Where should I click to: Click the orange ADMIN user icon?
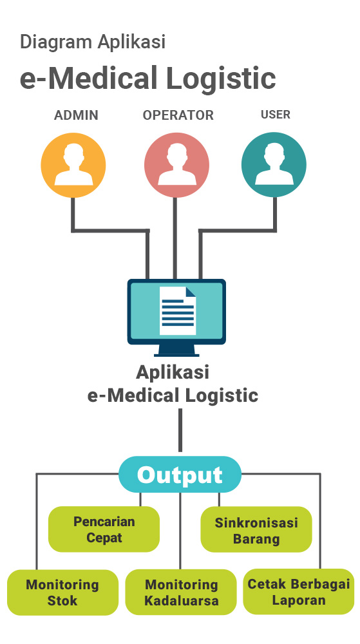pos(73,165)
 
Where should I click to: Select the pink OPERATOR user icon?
pos(176,165)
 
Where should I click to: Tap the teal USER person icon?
pos(274,165)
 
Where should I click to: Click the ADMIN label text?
pos(77,115)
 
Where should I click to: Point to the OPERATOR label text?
pos(178,115)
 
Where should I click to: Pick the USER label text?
pos(276,115)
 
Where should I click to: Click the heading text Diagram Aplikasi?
pos(93,42)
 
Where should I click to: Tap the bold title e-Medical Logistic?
pos(147,78)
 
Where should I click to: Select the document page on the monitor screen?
pos(178,311)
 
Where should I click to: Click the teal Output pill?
pos(180,475)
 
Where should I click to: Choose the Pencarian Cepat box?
pos(104,529)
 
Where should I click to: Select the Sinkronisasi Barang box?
pos(256,529)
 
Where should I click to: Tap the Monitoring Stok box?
pos(62,592)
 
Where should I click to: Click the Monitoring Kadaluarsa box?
pos(181,592)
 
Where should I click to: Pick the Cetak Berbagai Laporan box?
pos(298,591)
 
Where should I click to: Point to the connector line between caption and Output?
pos(180,430)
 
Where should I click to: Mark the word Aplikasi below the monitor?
pos(173,372)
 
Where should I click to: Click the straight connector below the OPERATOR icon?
pos(175,238)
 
